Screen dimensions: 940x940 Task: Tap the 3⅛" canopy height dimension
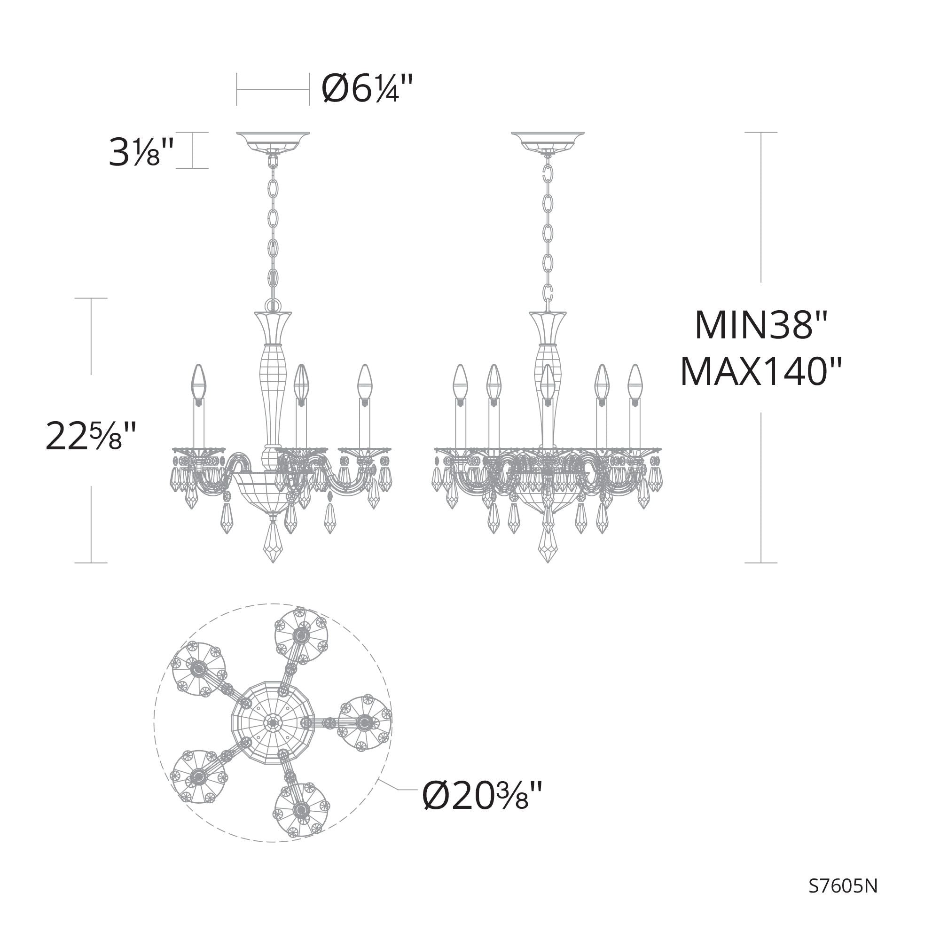[141, 151]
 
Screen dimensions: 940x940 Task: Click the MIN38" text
[761, 325]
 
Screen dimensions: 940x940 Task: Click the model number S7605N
[843, 886]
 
